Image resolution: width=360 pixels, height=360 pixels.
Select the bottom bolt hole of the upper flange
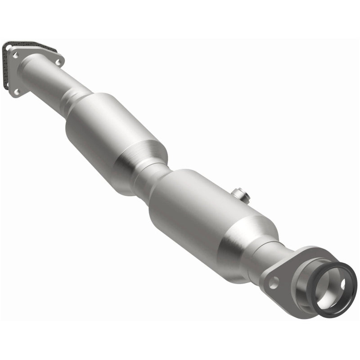coord(17,92)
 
